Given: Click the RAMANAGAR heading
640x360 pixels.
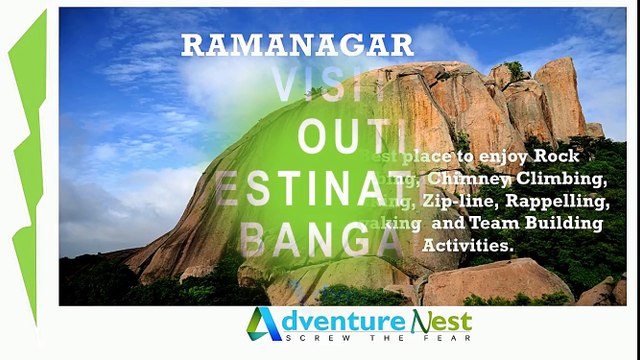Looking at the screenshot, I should click(296, 45).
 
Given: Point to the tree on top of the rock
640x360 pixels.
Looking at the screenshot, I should click(515, 69).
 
